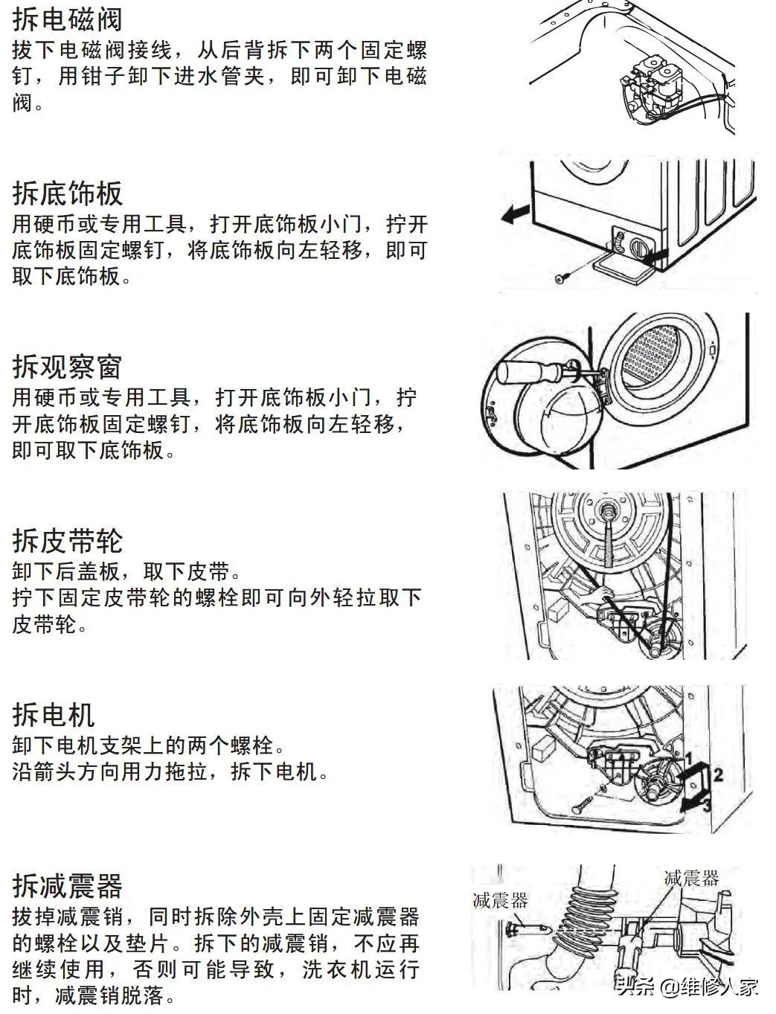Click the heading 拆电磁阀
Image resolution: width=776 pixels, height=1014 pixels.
click(67, 19)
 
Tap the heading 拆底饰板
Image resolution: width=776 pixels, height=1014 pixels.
click(67, 193)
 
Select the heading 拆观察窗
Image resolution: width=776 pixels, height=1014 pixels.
click(67, 367)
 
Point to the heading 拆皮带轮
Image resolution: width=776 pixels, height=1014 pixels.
click(67, 541)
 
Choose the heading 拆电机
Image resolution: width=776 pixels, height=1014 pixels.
click(54, 715)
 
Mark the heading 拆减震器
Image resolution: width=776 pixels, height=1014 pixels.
click(67, 886)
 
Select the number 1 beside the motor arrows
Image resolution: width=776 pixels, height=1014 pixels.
click(690, 758)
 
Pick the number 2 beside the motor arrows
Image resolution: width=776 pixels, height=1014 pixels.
click(718, 774)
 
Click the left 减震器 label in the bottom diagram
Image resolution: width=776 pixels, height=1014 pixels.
click(500, 901)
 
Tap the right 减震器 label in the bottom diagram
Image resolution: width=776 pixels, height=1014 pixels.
click(692, 879)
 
